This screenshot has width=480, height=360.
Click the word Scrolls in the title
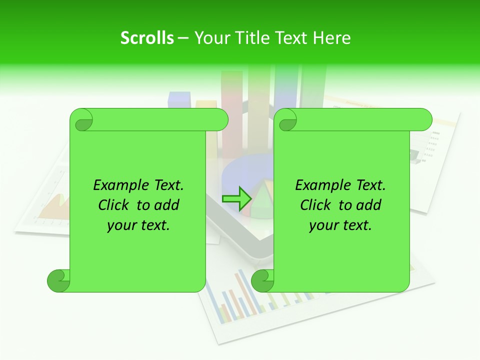click(147, 38)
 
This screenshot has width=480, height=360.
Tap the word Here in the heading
click(332, 38)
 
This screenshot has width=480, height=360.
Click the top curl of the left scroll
click(81, 120)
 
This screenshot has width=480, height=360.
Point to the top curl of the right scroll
click(286, 120)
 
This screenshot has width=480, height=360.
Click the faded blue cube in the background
click(179, 99)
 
